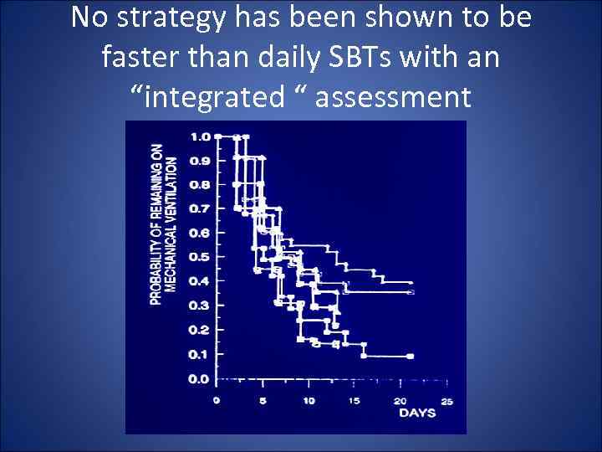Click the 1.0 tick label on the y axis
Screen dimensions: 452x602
(199, 136)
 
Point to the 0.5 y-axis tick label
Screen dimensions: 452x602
(199, 257)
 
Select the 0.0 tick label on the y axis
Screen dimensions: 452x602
(199, 379)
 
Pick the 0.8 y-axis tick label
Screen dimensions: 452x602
(199, 185)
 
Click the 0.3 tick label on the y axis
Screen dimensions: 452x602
(199, 306)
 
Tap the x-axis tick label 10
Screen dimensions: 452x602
(309, 402)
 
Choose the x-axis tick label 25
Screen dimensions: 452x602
(446, 402)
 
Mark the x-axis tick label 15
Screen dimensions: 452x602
(355, 402)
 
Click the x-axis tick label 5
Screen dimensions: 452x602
(263, 402)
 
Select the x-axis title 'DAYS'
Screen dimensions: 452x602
(416, 413)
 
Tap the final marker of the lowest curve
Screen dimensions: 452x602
(411, 356)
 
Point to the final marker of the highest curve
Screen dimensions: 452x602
(411, 283)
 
